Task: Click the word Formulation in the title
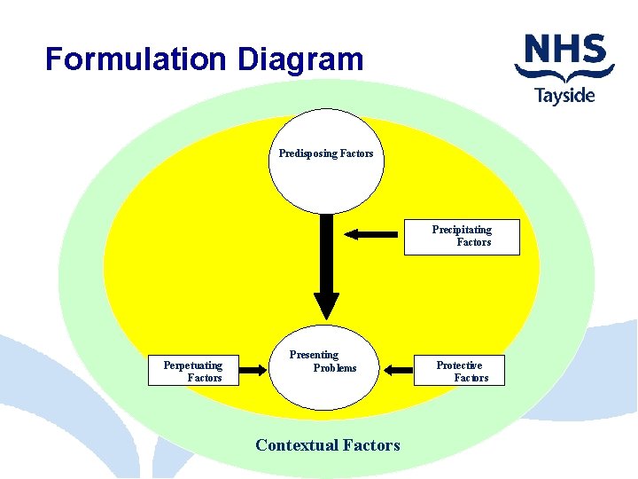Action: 137,59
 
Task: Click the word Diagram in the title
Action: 300,59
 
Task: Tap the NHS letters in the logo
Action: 564,50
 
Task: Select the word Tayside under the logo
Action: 564,94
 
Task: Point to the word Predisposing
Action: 308,153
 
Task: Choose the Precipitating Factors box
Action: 462,236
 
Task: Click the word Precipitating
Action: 462,230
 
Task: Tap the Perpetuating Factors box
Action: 193,371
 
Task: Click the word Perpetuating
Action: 193,365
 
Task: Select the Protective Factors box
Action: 460,371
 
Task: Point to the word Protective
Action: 459,365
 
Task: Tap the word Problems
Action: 335,368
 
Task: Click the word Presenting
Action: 314,355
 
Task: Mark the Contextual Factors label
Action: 327,445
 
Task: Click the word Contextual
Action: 296,445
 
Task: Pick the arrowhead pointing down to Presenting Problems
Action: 326,306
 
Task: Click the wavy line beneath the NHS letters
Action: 564,73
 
